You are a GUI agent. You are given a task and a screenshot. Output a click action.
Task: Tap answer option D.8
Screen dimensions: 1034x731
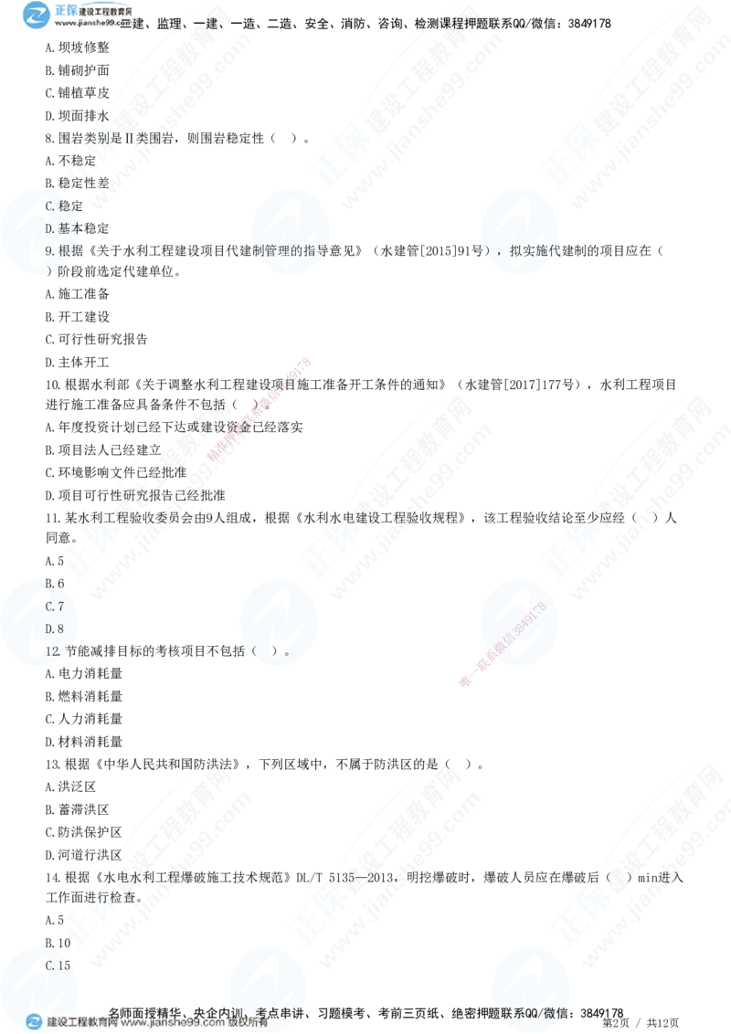54,628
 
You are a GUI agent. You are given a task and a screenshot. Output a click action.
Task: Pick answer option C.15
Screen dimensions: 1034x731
58,965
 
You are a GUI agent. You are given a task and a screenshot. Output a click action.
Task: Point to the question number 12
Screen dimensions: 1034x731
52,651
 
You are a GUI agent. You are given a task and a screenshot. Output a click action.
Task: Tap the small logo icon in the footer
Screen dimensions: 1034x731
35,1023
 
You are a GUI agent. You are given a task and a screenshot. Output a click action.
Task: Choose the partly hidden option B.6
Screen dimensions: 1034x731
53,583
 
